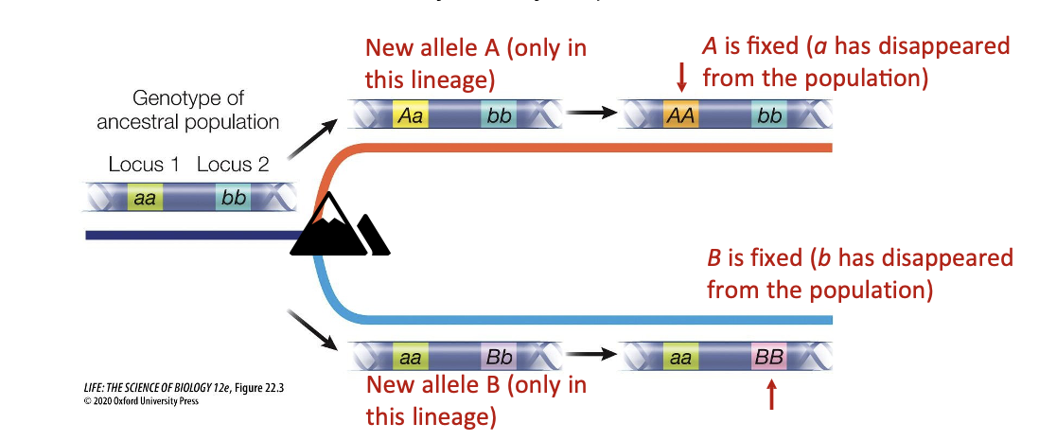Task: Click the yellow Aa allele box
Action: [411, 115]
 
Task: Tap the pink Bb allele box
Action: [499, 358]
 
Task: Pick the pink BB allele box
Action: [767, 358]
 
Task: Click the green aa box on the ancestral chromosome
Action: [145, 198]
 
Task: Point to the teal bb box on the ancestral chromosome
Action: [233, 198]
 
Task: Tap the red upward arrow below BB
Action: [772, 394]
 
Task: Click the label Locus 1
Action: [144, 165]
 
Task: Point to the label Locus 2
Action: [233, 165]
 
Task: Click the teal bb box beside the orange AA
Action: [769, 115]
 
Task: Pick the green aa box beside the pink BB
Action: [679, 358]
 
